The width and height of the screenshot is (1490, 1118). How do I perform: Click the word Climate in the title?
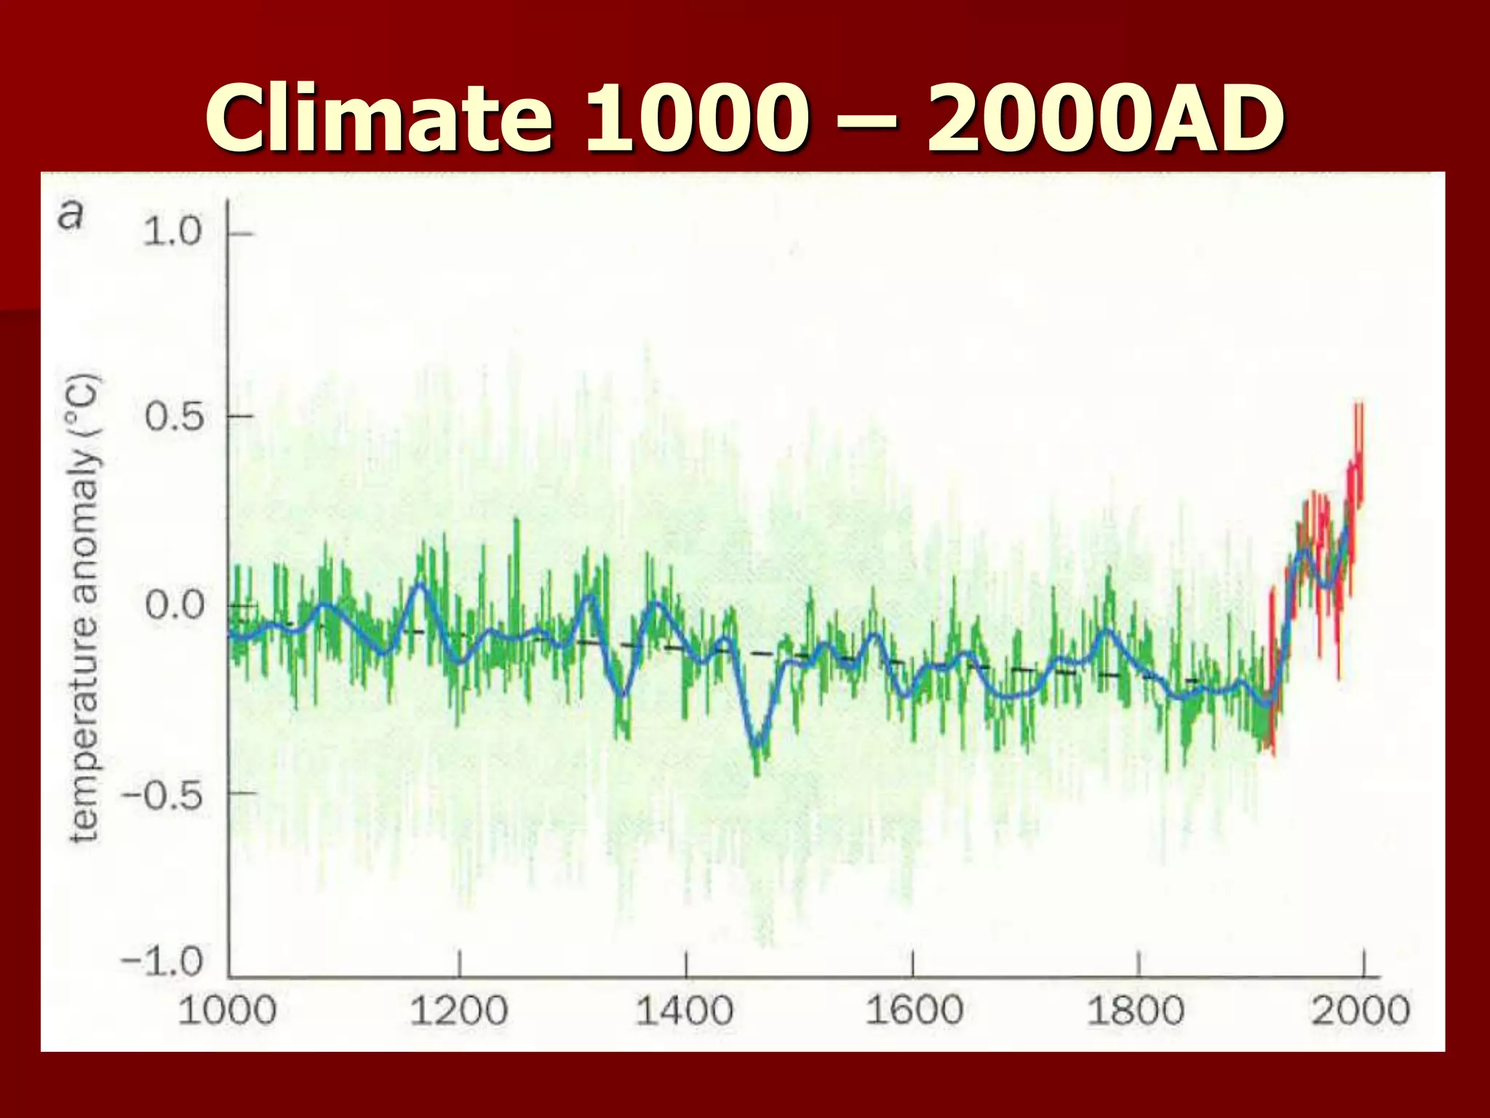(378, 118)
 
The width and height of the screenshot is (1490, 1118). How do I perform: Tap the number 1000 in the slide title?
(697, 118)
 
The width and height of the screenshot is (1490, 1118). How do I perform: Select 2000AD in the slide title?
(1104, 118)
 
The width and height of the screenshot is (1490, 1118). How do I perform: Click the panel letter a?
(71, 215)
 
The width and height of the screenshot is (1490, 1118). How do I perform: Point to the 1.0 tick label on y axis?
(172, 232)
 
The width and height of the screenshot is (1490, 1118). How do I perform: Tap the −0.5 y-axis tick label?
(162, 795)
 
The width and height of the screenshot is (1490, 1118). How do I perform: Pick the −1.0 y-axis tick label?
(162, 962)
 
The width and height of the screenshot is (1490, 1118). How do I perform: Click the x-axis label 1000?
(227, 1011)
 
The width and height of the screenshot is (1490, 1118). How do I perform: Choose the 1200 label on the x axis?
(458, 1011)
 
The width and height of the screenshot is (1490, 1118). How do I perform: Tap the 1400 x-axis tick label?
(685, 1011)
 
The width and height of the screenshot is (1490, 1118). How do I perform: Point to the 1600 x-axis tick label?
(914, 1011)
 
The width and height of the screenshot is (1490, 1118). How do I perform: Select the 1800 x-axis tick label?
(1136, 1011)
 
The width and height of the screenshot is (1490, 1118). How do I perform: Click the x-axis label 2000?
(1360, 1011)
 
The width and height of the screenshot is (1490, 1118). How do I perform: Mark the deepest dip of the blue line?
(757, 745)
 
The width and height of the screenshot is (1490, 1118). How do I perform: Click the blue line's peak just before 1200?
(420, 585)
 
